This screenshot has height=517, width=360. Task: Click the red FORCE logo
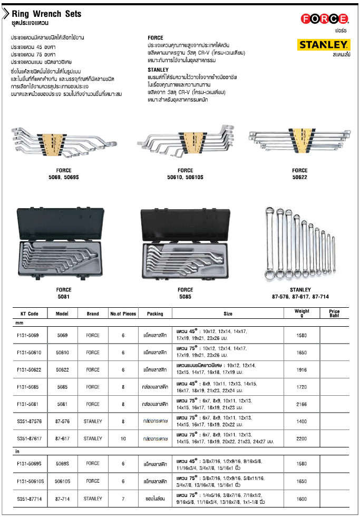click(324, 19)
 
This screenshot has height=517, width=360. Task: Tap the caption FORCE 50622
click(299, 173)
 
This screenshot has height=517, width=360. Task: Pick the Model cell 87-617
click(62, 438)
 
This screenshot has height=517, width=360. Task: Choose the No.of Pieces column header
click(123, 314)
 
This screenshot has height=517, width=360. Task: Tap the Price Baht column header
click(335, 314)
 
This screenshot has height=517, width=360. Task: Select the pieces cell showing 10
click(123, 438)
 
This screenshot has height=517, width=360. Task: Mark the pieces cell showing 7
click(123, 498)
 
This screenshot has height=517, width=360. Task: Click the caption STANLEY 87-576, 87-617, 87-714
click(300, 293)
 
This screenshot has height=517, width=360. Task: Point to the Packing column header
click(155, 314)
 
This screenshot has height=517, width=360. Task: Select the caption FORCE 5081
click(63, 293)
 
